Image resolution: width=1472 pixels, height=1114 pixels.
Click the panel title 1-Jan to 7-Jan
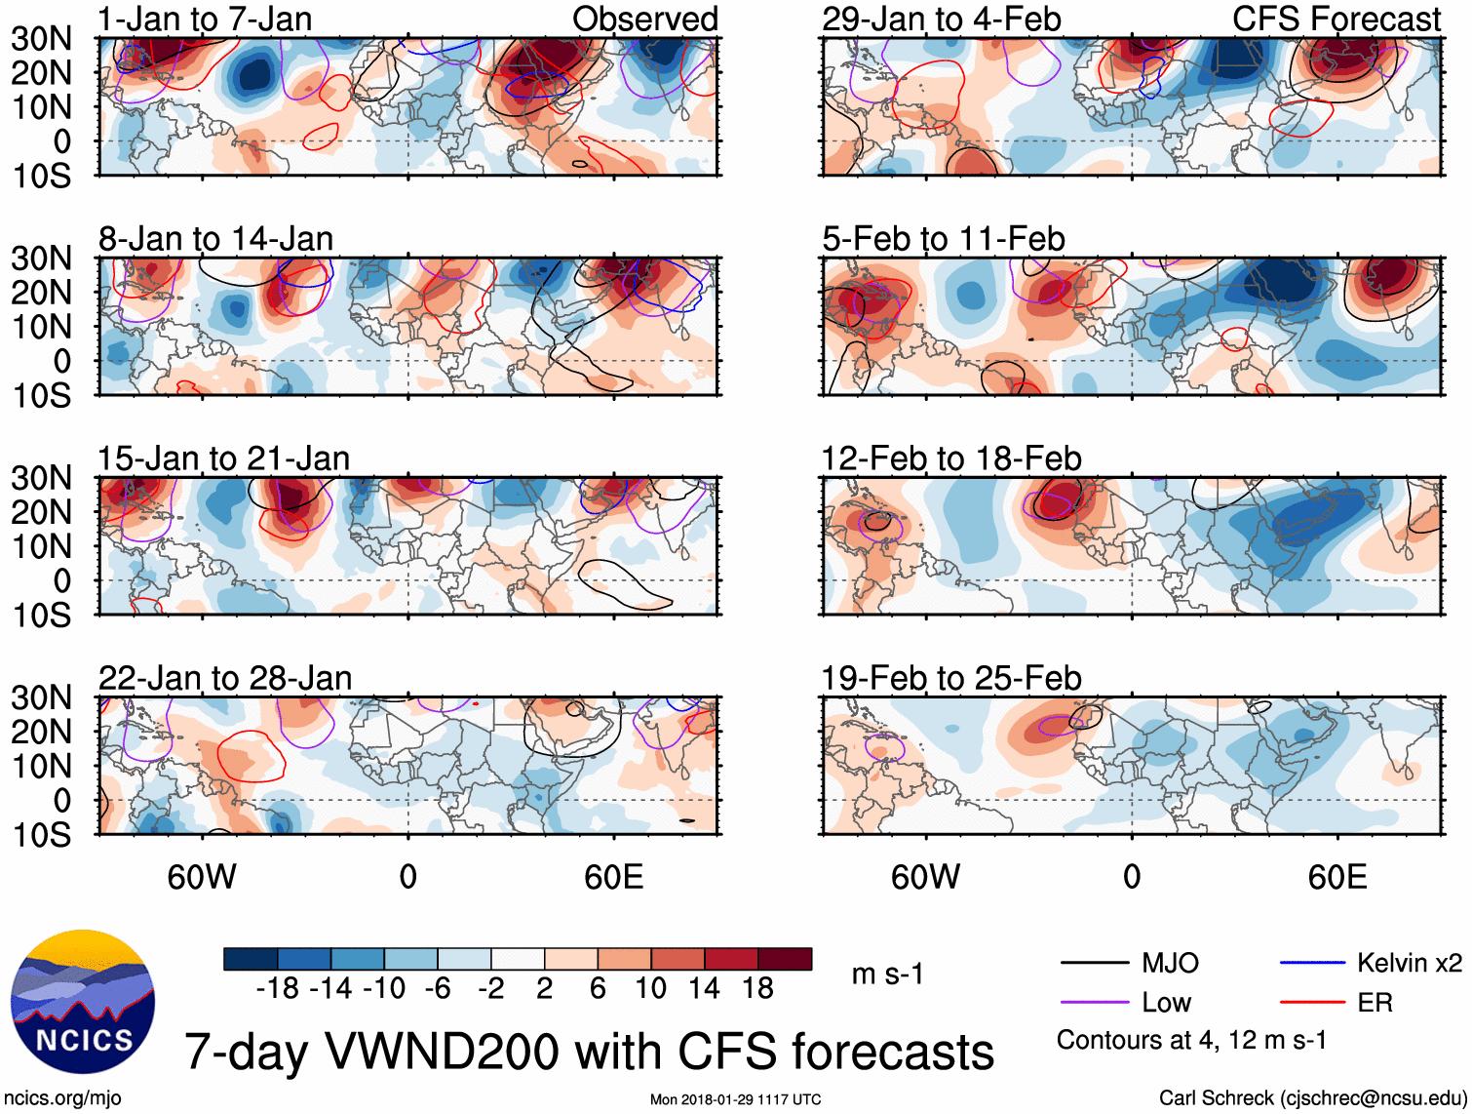tap(205, 19)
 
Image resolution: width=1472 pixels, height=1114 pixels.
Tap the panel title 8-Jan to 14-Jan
tap(215, 239)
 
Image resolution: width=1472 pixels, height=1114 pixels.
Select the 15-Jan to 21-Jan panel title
tap(223, 458)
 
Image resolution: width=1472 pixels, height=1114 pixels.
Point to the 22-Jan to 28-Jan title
tap(225, 678)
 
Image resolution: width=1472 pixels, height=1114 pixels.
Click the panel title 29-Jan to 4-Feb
tap(941, 19)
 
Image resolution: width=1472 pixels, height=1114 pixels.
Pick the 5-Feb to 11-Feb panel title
tap(943, 239)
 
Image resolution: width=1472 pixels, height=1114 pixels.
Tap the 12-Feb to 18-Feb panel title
tap(951, 458)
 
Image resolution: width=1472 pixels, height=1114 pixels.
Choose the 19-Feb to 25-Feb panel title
tap(951, 678)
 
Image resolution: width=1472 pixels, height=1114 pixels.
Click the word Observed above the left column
tap(644, 19)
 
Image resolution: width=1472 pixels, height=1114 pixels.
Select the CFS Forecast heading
tap(1336, 19)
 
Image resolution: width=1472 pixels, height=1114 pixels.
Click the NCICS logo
tap(83, 1002)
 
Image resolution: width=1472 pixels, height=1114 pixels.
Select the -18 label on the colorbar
tap(277, 988)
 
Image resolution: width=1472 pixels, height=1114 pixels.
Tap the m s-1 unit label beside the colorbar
tap(887, 974)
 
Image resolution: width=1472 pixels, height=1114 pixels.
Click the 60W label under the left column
tap(202, 877)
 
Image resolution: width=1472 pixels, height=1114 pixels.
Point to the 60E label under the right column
tap(1336, 877)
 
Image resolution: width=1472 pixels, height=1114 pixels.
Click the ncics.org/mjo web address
tap(62, 1098)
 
